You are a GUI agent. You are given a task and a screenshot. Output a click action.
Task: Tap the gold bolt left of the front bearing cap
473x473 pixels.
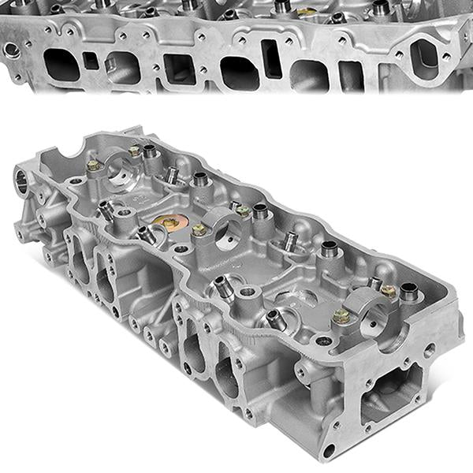pos(341,316)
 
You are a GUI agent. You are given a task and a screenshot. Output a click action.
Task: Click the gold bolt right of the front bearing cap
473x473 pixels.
pos(387,290)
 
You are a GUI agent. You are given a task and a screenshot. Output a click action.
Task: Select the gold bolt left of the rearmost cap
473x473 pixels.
pos(92,165)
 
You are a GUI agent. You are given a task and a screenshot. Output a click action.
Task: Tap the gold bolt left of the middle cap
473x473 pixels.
pos(199,229)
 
